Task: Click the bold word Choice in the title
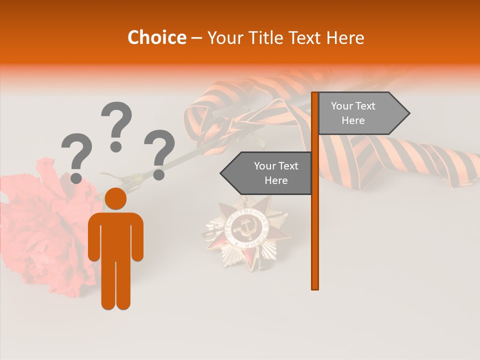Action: (x=156, y=37)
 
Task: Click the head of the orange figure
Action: (x=115, y=198)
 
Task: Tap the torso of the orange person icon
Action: (x=115, y=235)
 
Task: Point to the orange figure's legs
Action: (x=115, y=285)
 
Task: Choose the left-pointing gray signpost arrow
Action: (x=267, y=173)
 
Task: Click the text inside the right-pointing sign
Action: (x=353, y=113)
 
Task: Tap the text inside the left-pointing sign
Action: (x=276, y=173)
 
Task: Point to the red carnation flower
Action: (x=45, y=225)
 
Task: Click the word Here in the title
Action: (x=345, y=37)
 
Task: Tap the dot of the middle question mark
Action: (x=116, y=146)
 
